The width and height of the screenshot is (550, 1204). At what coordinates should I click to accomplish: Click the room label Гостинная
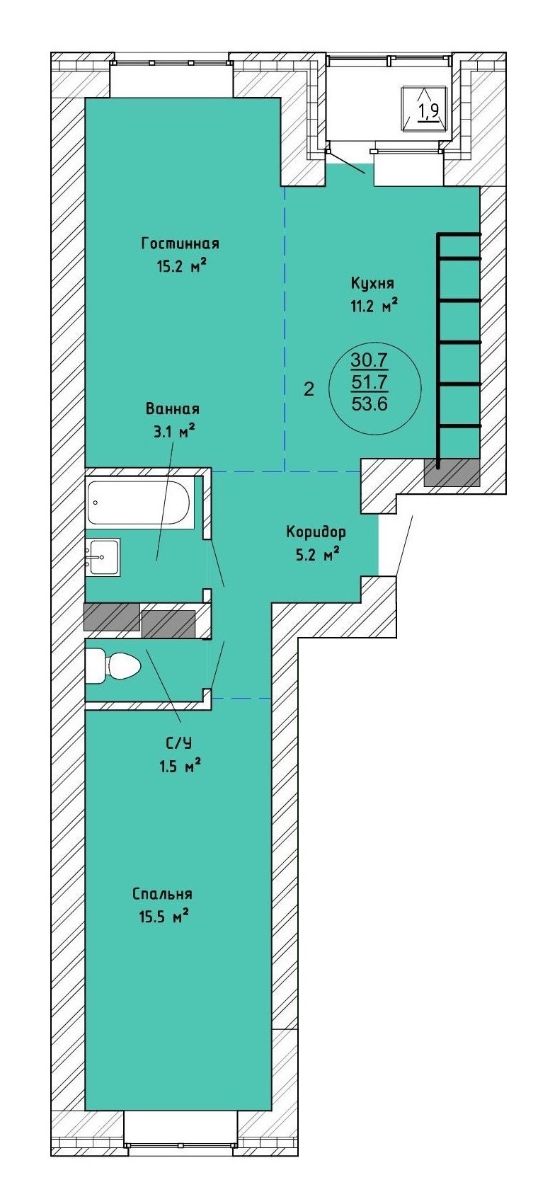click(x=180, y=244)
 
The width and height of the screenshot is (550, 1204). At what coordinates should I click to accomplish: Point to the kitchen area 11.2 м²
click(x=374, y=306)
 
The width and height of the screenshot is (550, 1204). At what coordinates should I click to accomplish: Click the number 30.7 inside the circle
click(x=369, y=359)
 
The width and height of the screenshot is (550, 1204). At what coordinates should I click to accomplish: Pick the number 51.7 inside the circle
click(x=369, y=382)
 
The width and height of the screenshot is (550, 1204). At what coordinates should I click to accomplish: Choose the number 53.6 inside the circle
click(x=369, y=403)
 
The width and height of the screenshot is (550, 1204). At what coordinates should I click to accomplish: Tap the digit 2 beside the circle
click(x=309, y=389)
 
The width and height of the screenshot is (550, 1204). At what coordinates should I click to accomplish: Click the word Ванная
click(x=173, y=409)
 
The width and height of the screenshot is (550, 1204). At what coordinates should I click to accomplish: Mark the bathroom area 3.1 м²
click(x=173, y=432)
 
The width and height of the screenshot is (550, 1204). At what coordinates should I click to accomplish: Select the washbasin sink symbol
click(x=102, y=557)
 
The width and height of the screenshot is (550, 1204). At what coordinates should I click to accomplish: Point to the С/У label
click(x=178, y=743)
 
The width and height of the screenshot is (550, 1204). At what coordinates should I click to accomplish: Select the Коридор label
click(x=316, y=532)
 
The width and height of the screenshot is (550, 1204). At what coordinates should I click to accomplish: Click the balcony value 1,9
click(x=429, y=110)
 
